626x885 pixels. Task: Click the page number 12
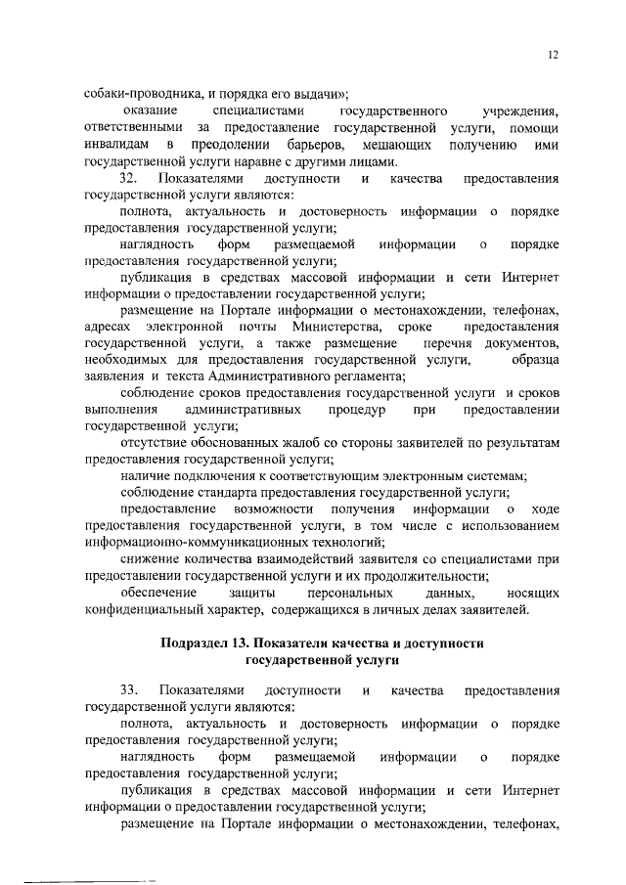[x=553, y=57]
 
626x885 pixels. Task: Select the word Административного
[x=305, y=376]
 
